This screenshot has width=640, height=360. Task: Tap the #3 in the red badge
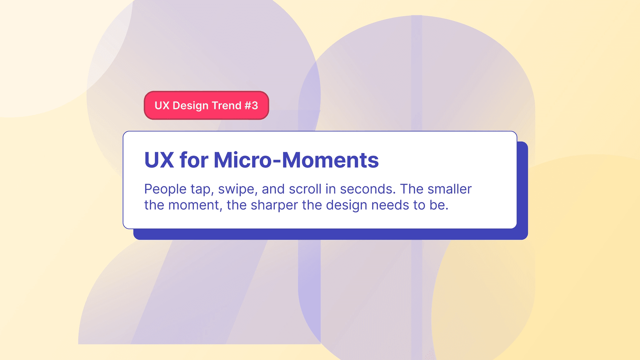(251, 106)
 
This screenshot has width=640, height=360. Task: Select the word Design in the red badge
(191, 106)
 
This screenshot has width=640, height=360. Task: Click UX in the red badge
(162, 106)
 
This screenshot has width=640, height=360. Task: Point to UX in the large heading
(159, 160)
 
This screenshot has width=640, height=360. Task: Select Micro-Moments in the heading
(296, 160)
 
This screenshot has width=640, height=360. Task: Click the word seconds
(367, 189)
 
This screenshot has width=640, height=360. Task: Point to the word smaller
(449, 189)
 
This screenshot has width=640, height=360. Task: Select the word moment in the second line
(195, 206)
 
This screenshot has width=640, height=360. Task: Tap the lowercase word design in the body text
(347, 206)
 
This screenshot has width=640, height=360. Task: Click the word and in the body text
(273, 189)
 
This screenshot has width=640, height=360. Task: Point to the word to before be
(419, 205)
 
